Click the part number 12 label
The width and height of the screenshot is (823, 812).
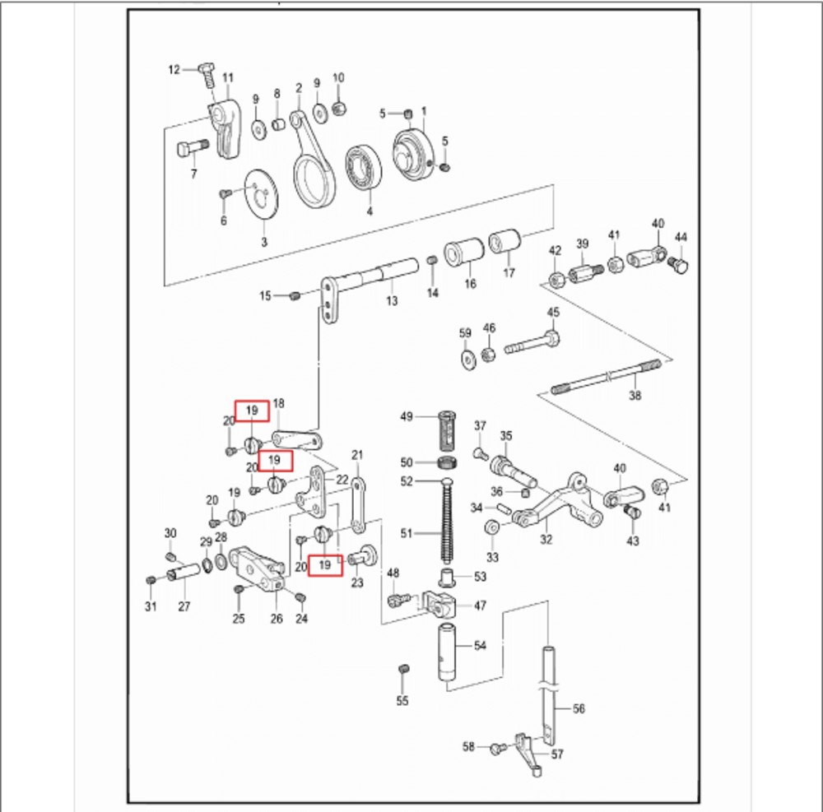(x=174, y=70)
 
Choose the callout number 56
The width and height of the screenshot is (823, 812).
(x=579, y=708)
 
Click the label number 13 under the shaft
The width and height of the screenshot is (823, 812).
(x=392, y=302)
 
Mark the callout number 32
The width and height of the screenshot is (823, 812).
(x=546, y=540)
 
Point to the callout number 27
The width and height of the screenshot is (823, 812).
(x=184, y=607)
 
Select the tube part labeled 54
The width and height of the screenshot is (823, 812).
(x=448, y=650)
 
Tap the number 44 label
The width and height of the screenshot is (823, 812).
(x=681, y=237)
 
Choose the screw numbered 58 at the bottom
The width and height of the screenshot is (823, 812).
(x=496, y=748)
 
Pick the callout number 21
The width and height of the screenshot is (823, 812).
(x=357, y=455)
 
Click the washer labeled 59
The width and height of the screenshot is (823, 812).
(x=468, y=358)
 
